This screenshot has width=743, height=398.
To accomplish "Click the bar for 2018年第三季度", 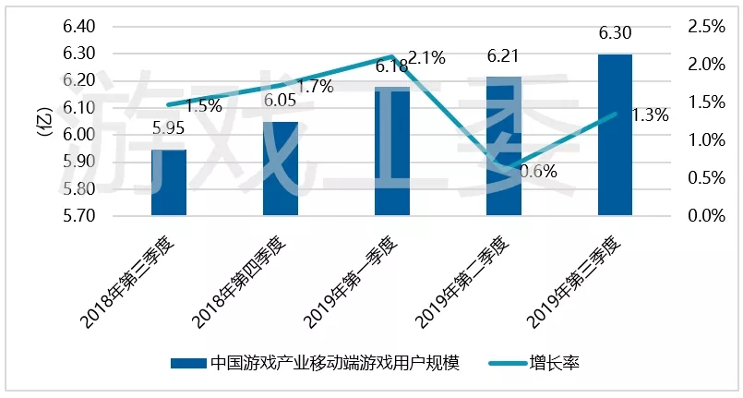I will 169,183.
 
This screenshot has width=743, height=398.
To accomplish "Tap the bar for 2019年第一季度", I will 392,152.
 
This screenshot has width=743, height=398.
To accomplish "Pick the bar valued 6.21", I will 504,148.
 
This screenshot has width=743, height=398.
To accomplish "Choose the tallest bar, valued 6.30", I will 615,135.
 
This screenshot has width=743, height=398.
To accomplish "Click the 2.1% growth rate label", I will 426,59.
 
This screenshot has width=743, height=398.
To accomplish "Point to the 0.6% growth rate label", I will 537,172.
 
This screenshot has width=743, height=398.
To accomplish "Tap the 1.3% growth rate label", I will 650,115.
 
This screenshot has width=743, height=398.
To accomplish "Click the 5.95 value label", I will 169,129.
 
